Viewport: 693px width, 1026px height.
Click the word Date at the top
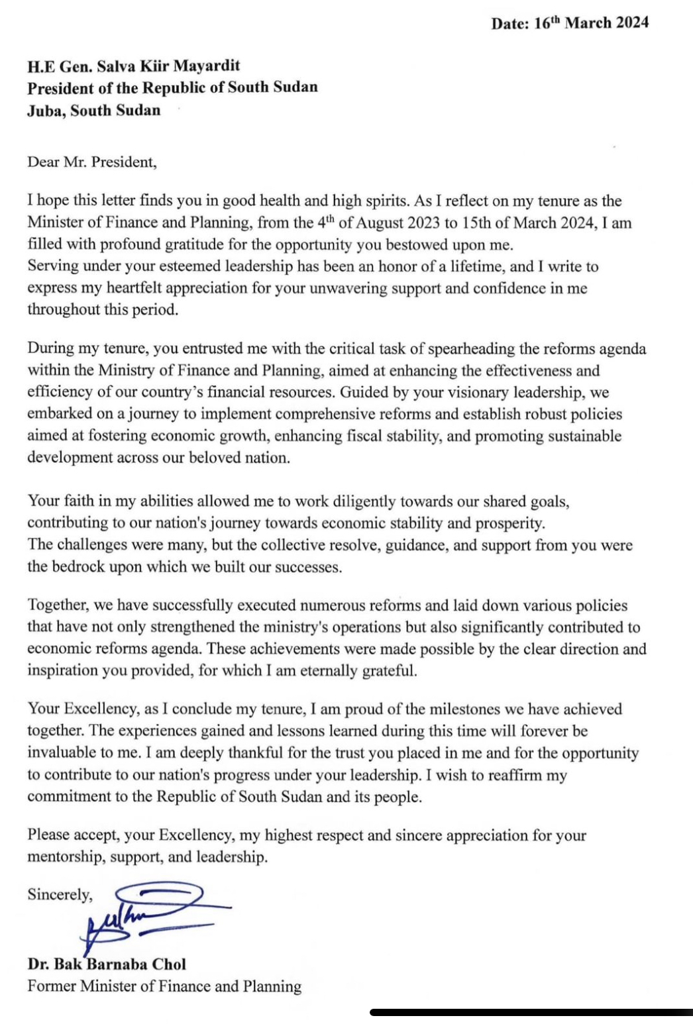pyautogui.click(x=508, y=23)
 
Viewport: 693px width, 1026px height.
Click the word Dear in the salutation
pyautogui.click(x=43, y=162)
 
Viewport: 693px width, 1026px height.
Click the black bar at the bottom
pyautogui.click(x=530, y=1012)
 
